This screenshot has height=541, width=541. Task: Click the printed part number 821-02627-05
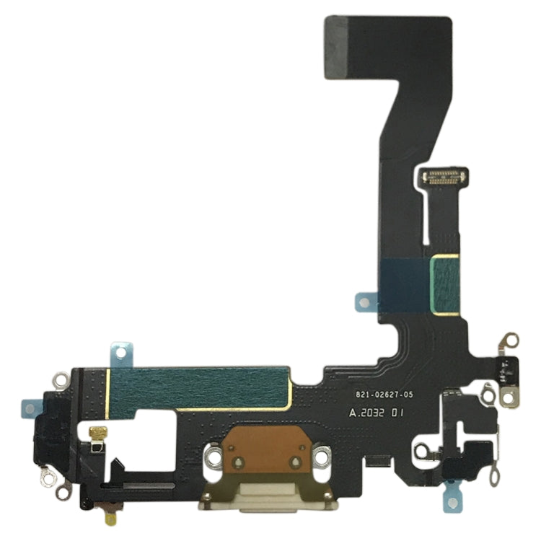[384, 395]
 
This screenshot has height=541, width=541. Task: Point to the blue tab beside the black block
[30, 408]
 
